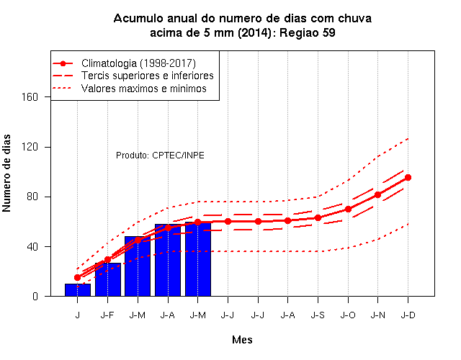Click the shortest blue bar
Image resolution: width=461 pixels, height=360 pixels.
pos(78,289)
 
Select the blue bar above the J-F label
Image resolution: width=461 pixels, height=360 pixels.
pos(108,279)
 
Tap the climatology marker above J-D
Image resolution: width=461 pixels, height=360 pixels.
pos(408,177)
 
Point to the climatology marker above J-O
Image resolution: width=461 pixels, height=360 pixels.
pos(348,209)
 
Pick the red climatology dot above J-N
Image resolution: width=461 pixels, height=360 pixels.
pos(377,194)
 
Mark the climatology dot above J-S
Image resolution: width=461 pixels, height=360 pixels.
pos(318,217)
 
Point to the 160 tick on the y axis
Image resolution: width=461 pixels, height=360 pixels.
pos(30,96)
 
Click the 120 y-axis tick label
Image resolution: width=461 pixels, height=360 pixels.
pos(30,147)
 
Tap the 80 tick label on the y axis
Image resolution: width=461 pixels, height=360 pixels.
pos(32,197)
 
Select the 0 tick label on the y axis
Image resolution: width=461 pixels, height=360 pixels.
pos(35,296)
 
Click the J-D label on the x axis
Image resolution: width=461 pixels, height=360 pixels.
pos(408,315)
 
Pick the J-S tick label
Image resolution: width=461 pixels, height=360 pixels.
pos(318,315)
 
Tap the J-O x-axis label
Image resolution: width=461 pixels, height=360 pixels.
pos(348,315)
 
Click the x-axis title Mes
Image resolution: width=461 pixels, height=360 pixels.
pos(242,340)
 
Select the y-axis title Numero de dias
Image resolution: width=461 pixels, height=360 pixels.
pos(6,173)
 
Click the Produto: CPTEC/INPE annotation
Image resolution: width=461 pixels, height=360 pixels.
pos(160,156)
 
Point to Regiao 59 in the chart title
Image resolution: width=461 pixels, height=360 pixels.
pos(308,32)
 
